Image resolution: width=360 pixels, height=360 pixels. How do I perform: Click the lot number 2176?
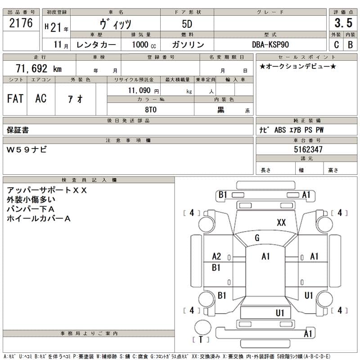[x=21, y=23]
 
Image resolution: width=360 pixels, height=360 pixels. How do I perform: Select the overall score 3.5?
[x=343, y=23]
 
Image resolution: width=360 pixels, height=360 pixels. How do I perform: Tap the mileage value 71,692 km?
[x=39, y=69]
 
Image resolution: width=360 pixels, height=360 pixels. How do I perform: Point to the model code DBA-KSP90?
[x=270, y=45]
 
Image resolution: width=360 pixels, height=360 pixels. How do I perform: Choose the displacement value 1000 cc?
[x=144, y=45]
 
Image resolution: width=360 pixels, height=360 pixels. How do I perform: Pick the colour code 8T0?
[x=150, y=109]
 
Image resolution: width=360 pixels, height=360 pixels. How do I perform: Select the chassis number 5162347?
[x=308, y=149]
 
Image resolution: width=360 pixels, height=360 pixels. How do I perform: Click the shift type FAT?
[x=15, y=99]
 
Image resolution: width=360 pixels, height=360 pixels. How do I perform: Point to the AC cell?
[x=41, y=99]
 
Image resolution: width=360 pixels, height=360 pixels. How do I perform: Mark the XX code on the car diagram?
[x=281, y=222]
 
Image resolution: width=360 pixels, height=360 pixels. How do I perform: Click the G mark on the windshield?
[x=257, y=238]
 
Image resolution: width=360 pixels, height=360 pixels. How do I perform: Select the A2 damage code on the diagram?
[x=216, y=256]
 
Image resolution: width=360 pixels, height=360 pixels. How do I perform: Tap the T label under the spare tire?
[x=201, y=340]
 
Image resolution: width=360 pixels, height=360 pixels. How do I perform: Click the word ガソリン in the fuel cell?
[x=188, y=45]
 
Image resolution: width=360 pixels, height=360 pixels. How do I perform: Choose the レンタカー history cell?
[x=96, y=45]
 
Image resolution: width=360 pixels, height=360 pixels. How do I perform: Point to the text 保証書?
[x=18, y=130]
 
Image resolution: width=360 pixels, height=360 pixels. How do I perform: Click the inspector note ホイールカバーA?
[x=39, y=218]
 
